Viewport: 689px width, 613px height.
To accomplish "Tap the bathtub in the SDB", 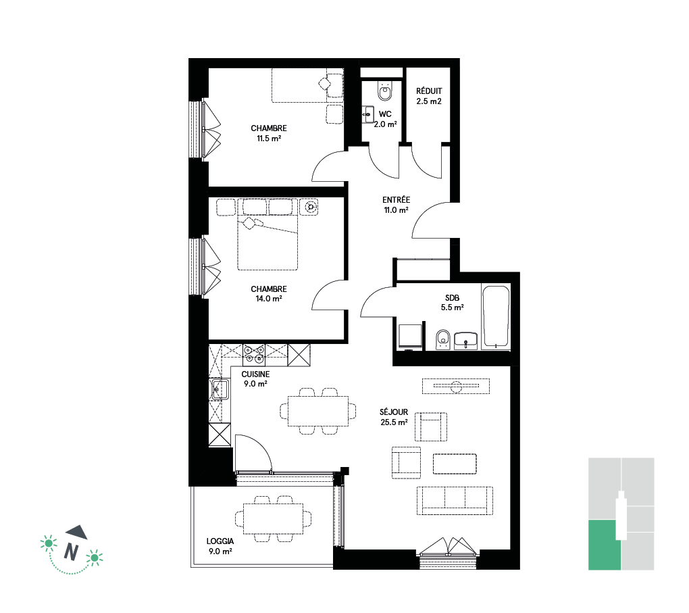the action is tap(496, 316).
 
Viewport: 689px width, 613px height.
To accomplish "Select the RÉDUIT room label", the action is tap(429, 91).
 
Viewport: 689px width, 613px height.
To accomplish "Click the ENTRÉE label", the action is tap(396, 199).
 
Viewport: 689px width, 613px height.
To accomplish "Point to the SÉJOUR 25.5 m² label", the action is tap(394, 417).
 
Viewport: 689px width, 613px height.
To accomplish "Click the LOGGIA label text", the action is tap(220, 541).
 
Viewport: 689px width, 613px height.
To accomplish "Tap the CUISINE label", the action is tap(255, 374).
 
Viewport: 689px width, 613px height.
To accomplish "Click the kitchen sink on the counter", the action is tap(220, 389).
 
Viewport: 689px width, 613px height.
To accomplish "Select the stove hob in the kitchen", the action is tap(254, 355).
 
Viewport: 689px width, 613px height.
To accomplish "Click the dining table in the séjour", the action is tap(318, 411).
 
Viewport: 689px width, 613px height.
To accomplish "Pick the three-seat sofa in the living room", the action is tap(455, 500).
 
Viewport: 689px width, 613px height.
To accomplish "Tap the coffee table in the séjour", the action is tap(455, 464).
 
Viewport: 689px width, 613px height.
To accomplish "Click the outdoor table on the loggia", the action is tap(274, 519).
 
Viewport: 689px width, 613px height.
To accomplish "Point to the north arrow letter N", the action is tap(71, 551).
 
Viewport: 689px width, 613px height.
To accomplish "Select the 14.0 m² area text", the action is tap(269, 299).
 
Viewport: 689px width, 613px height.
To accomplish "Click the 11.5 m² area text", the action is tap(269, 139).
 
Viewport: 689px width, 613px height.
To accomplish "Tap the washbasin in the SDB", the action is tap(466, 341).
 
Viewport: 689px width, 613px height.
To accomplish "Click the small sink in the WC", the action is tap(367, 114).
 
